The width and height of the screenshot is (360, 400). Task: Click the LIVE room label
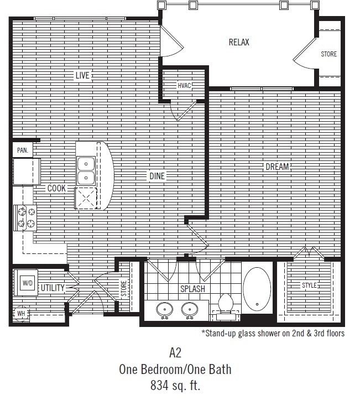[x=82, y=75]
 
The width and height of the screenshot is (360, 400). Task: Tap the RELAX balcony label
[x=239, y=42]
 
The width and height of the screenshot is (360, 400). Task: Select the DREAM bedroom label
[x=278, y=166]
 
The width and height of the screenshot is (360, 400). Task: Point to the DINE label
[x=157, y=176]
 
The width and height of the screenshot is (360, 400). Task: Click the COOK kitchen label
[x=56, y=188]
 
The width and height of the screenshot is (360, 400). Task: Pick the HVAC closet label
[x=184, y=85]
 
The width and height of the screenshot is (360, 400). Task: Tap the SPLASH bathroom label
[x=192, y=289]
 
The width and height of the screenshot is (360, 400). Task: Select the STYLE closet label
[x=309, y=285]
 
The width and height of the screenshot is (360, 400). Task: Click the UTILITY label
[x=53, y=288]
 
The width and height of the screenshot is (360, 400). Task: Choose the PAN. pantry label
[x=23, y=150]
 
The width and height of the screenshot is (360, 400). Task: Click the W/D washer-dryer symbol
[x=27, y=283]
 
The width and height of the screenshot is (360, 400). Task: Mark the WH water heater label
[x=21, y=314]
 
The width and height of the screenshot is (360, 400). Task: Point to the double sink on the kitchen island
[x=86, y=170]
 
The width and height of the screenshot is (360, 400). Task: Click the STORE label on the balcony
[x=329, y=54]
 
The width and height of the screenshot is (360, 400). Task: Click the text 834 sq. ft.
[x=175, y=385]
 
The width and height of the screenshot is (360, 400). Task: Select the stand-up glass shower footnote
[x=273, y=334]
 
